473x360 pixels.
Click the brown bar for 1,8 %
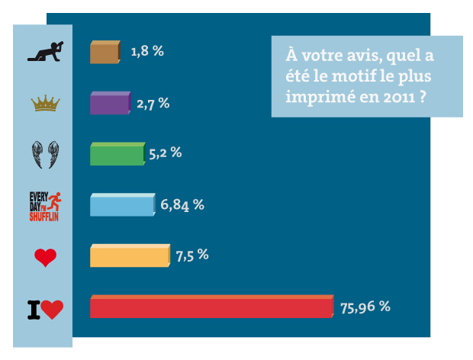[105, 52]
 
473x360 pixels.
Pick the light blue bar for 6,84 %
[123, 204]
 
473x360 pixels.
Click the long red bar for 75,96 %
[212, 307]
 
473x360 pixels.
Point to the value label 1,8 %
[147, 51]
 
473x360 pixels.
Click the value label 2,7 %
[153, 102]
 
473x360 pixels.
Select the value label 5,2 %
[165, 153]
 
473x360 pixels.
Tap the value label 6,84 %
[182, 204]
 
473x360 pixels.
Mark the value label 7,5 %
[191, 255]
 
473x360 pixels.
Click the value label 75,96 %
[365, 307]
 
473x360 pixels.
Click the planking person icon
[44, 52]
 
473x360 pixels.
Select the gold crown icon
[45, 103]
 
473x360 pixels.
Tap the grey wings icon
[45, 154]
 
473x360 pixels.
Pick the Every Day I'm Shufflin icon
[44, 205]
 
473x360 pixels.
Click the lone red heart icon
[45, 258]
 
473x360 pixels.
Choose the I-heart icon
[45, 309]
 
